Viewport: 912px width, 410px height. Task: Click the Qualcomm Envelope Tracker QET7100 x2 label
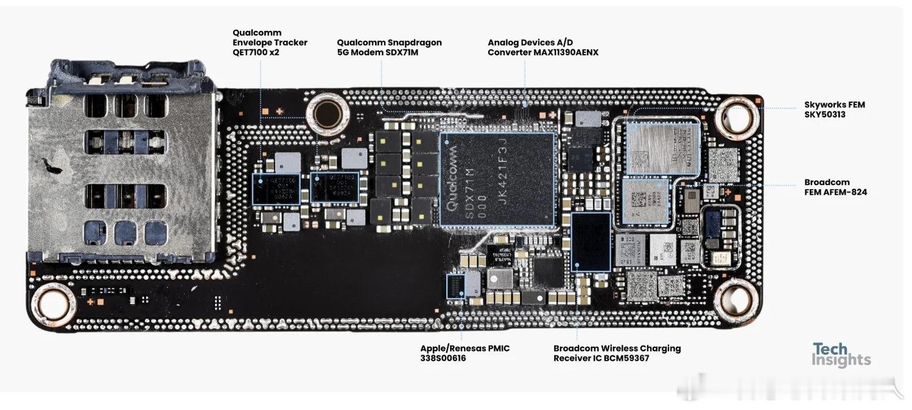pos(270,43)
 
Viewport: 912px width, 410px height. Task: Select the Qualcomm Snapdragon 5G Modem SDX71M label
pos(389,47)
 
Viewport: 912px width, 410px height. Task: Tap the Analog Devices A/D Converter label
pos(542,47)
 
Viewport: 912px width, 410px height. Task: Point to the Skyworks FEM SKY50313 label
pos(834,109)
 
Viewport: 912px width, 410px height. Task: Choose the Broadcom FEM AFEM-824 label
pos(835,187)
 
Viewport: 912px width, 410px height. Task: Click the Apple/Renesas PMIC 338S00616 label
pos(465,353)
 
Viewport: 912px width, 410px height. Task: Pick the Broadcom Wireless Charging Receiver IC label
pos(617,353)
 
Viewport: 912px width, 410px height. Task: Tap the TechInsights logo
pos(841,355)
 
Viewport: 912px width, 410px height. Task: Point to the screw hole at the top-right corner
pos(737,118)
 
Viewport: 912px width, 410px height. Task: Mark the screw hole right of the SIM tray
pos(328,113)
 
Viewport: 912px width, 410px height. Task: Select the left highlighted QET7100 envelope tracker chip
pos(276,187)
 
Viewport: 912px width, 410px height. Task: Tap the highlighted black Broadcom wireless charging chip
pos(591,241)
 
